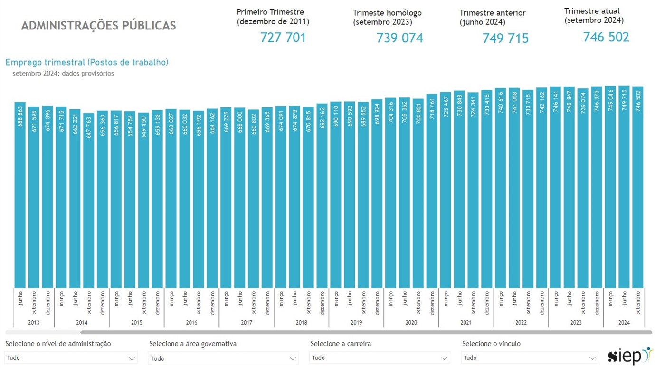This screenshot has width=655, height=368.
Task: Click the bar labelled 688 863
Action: point(20,195)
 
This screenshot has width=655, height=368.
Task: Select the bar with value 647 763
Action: point(88,200)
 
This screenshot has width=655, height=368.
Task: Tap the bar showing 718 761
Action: point(432,191)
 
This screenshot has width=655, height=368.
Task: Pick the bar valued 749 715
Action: point(624,187)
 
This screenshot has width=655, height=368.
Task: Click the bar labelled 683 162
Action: point(322,195)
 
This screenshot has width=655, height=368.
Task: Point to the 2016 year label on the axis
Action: point(191,322)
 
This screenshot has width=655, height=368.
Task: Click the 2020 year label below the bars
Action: point(411,322)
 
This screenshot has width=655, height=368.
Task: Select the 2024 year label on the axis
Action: point(624,322)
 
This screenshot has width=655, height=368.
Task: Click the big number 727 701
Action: point(283,38)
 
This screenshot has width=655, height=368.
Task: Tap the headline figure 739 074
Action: point(399,38)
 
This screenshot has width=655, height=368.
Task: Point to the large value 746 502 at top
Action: point(606,37)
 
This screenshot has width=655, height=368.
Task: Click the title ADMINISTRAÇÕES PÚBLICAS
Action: point(98,26)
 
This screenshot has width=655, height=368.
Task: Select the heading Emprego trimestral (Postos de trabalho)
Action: point(87,62)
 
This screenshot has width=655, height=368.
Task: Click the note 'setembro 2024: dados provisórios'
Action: point(63,74)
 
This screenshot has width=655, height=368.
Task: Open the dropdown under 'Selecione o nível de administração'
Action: point(71,358)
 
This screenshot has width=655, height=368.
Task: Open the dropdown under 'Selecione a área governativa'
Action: point(223,358)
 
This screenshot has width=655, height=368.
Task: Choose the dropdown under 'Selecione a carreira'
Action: point(380,358)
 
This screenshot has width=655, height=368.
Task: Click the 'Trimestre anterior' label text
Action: point(493,13)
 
